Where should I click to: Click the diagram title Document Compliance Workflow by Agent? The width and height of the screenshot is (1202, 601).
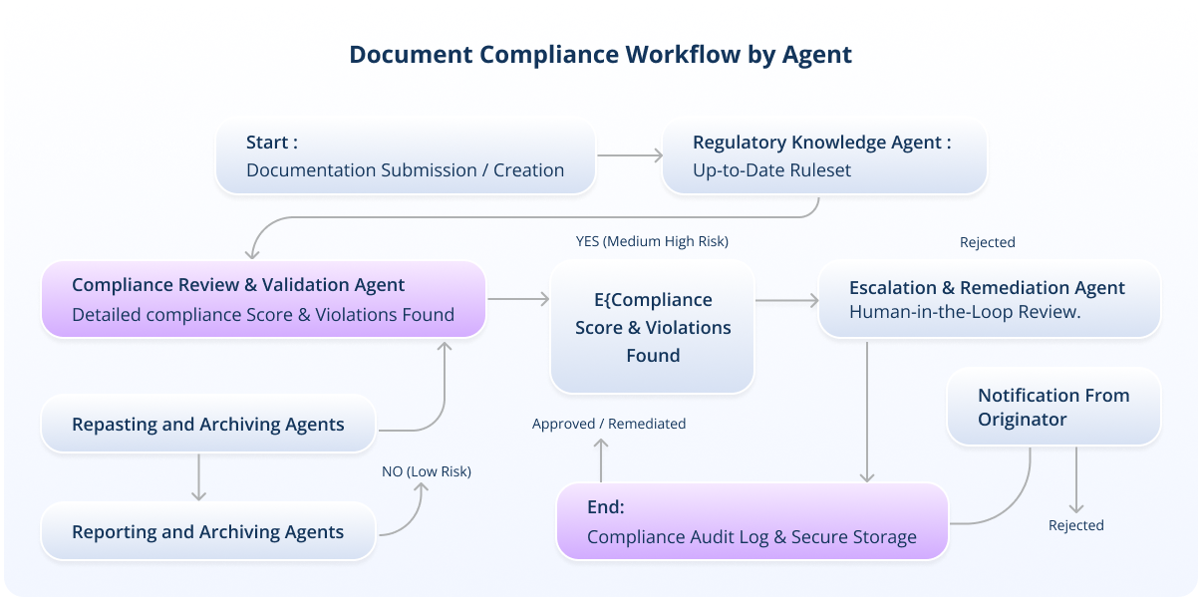600,54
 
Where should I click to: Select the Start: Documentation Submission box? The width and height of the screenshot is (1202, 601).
406,156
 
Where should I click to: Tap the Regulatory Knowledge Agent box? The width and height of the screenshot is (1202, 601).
824,156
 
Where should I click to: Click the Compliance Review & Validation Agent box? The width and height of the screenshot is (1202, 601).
263,299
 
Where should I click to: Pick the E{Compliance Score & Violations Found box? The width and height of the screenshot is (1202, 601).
653,327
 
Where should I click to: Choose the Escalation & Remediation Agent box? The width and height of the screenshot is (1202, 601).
989,299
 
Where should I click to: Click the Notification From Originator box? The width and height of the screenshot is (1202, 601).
1053,407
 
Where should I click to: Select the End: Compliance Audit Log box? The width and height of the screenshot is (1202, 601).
751,522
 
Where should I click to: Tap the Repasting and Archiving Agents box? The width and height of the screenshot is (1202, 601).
208,425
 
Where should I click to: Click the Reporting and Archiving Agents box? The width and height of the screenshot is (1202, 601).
208,532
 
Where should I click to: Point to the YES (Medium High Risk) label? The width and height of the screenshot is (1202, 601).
652,241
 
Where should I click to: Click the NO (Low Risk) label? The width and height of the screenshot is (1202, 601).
427,471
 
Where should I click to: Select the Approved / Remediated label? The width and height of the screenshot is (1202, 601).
609,424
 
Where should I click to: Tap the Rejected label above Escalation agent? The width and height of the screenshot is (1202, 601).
988,242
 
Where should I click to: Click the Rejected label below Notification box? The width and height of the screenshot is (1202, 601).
1076,525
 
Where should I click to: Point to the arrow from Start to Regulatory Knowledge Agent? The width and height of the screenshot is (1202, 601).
630,155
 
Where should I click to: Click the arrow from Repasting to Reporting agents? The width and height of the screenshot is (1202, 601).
199,477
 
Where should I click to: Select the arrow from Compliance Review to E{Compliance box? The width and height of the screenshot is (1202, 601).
517,299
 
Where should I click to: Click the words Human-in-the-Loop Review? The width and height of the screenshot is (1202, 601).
966,312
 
